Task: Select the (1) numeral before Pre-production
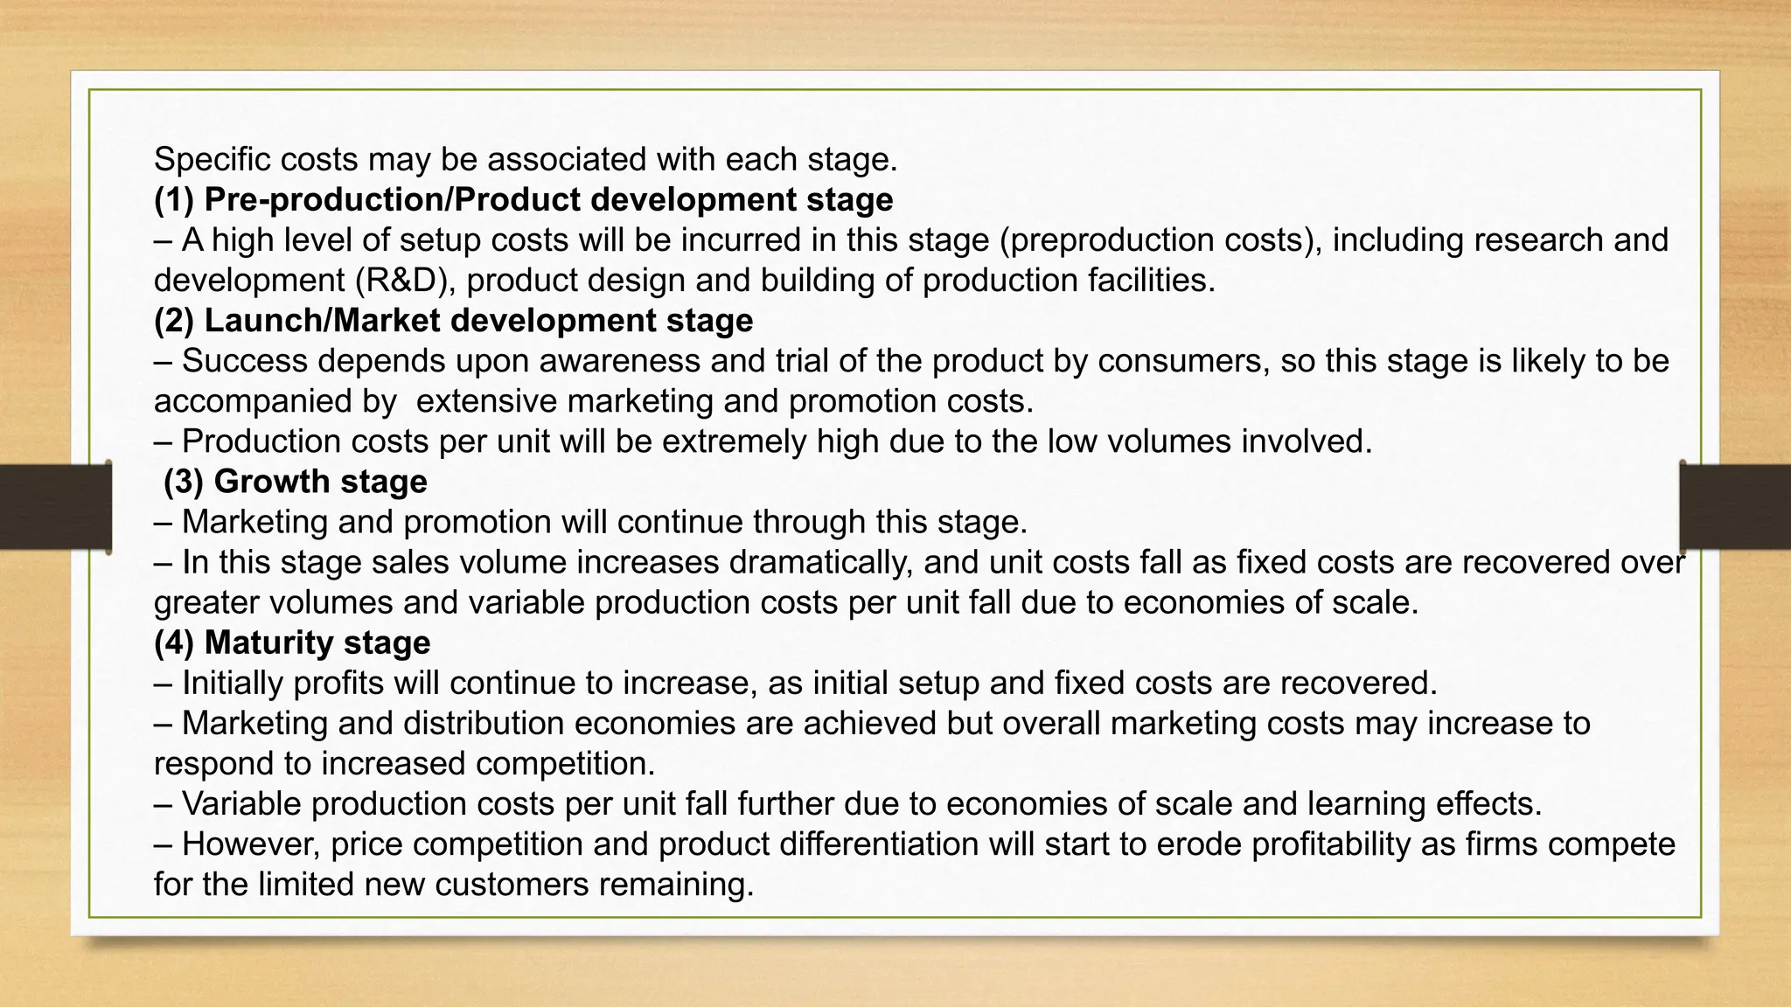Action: point(174,200)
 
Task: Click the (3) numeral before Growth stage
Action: point(184,482)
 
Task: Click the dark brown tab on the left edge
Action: point(55,506)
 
